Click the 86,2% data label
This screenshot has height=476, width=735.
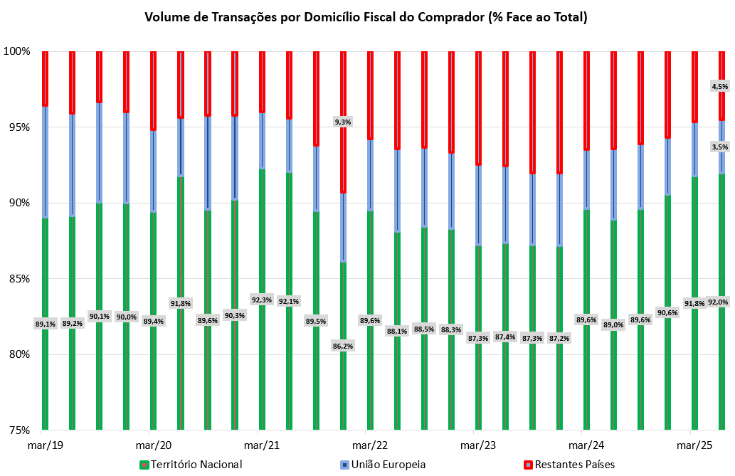[x=343, y=346]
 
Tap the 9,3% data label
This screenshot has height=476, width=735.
[x=343, y=122]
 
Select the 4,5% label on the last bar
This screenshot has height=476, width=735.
[x=719, y=87]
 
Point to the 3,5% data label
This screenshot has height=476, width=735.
[x=719, y=147]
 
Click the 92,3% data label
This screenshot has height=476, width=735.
[x=262, y=300]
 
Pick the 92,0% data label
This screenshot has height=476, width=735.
[x=719, y=302]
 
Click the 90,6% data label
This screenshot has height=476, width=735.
[x=667, y=312]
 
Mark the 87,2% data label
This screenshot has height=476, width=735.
[x=559, y=338]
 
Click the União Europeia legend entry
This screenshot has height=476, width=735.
[x=391, y=465]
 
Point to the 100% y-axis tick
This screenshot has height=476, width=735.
[x=16, y=51]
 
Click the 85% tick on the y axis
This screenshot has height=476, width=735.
[x=18, y=279]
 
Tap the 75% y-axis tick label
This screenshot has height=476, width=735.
[x=18, y=430]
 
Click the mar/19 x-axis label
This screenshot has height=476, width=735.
[x=45, y=445]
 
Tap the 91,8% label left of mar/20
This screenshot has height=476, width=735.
[x=181, y=303]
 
